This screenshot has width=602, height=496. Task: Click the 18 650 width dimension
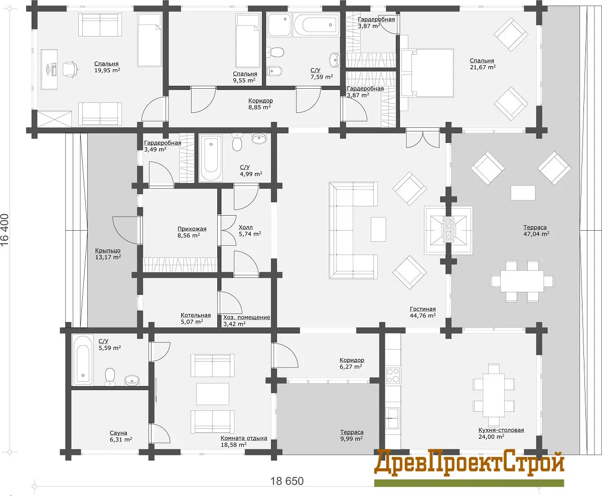pyautogui.click(x=287, y=481)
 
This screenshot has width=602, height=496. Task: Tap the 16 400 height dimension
pyautogui.click(x=5, y=230)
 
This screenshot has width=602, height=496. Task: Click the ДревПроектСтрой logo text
pyautogui.click(x=469, y=463)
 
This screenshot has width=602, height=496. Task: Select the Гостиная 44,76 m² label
pyautogui.click(x=423, y=312)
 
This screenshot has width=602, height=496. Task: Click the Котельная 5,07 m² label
pyautogui.click(x=196, y=318)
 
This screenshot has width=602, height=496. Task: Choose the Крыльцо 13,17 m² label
pyautogui.click(x=108, y=254)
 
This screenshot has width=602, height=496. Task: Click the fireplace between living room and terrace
pyautogui.click(x=448, y=230)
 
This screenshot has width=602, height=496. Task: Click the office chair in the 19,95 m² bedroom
pyautogui.click(x=70, y=69)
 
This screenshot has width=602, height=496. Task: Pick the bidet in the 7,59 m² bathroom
pyautogui.click(x=275, y=71)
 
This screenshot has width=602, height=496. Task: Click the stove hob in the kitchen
pyautogui.click(x=393, y=375)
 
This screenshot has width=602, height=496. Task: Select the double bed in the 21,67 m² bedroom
pyautogui.click(x=427, y=73)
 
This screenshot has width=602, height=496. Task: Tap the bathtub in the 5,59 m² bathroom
pyautogui.click(x=83, y=360)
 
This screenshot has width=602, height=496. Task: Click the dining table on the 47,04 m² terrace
pyautogui.click(x=522, y=281)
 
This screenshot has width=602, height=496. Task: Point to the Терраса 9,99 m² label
pyautogui.click(x=352, y=435)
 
